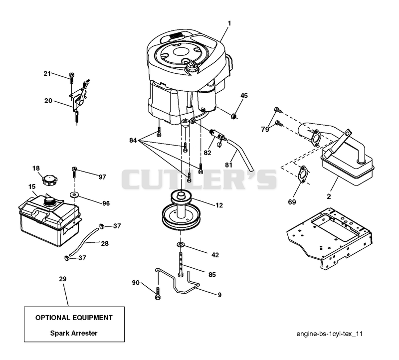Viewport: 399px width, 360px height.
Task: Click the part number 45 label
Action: point(244,96)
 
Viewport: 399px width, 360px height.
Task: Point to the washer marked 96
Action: point(74,195)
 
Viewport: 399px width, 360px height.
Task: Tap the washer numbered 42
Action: point(181,244)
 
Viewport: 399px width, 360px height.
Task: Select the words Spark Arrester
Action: point(74,333)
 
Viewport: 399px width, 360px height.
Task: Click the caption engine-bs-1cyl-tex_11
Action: point(329,334)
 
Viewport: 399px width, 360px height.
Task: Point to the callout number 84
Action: point(133,140)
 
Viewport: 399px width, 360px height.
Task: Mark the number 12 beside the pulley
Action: point(219,205)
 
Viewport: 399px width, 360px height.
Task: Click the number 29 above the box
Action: point(63,279)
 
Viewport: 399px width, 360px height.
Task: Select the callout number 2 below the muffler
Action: point(329,196)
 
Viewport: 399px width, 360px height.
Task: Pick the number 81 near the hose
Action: point(229,165)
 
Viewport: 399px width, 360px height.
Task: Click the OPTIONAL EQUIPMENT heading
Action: point(74,318)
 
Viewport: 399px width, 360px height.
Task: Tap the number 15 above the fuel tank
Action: point(32,187)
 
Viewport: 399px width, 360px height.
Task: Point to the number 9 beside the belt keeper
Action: point(219,295)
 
